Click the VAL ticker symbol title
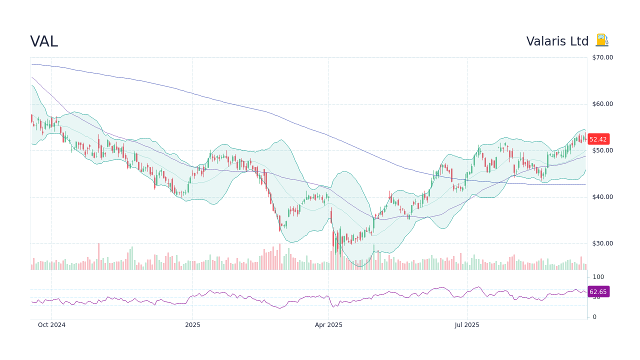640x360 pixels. pos(44,41)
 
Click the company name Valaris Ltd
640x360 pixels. pos(557,41)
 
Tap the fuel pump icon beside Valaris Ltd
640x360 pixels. pos(601,40)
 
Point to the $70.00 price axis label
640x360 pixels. pos(602,57)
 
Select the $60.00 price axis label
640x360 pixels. pos(602,104)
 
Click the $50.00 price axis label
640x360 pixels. pos(602,150)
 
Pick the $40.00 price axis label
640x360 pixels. pos(602,197)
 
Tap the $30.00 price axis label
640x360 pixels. pos(602,243)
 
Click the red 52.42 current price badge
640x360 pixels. pos(598,139)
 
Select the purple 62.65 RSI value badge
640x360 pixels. pos(598,292)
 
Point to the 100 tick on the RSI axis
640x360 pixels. pos(598,277)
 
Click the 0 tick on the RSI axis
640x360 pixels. pos(594,317)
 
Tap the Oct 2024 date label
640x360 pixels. pos(51,325)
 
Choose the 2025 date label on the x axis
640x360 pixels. pos(192,325)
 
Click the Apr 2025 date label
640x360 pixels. pos(328,325)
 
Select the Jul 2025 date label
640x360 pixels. pos(467,325)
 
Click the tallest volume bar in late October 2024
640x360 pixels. pos(98,256)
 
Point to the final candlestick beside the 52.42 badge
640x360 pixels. pos(585,138)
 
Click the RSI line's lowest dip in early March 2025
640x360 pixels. pos(279,308)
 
